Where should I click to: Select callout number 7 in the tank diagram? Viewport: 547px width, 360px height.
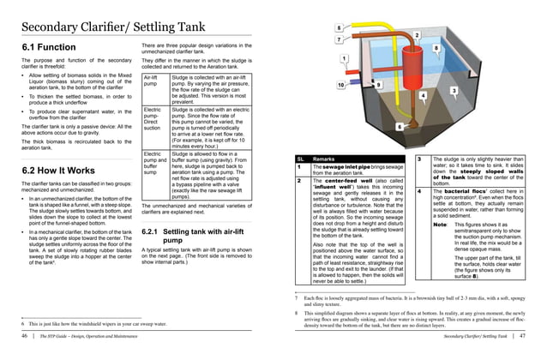(340, 39)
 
